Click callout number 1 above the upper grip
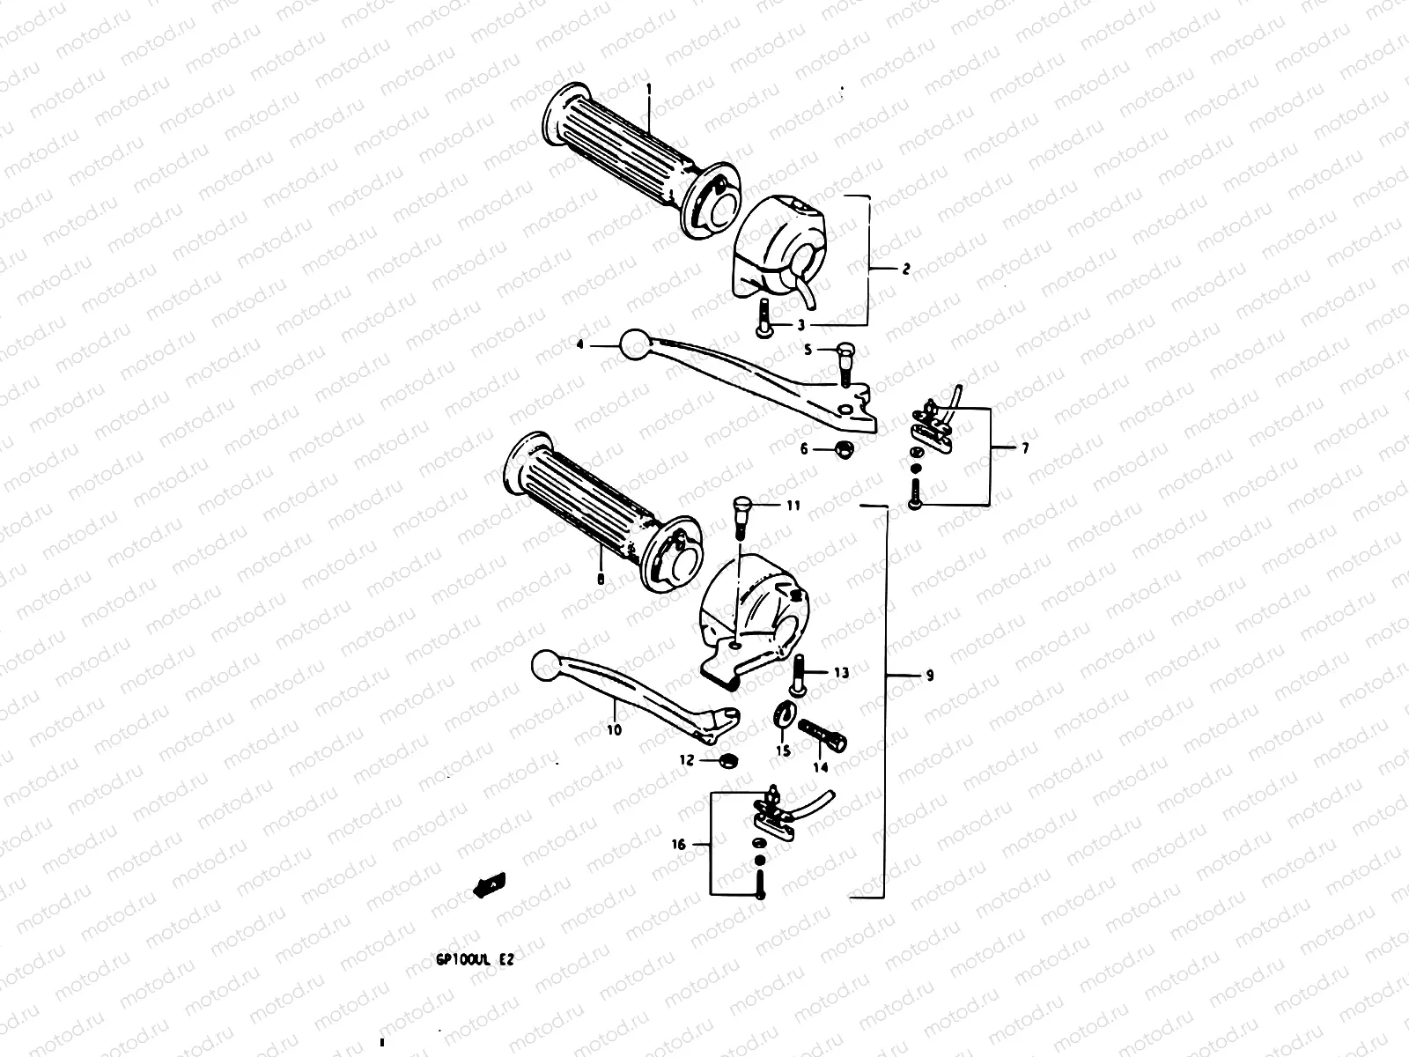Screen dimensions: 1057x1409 coord(649,89)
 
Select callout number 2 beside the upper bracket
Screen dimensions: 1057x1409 coord(906,269)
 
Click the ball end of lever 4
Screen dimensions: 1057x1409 coord(634,344)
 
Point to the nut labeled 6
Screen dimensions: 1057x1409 coord(843,448)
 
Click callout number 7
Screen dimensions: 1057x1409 coord(1024,448)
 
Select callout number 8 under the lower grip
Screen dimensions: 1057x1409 coord(600,578)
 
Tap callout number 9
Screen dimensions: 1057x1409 coord(930,676)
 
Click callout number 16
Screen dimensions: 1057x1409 coord(678,844)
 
